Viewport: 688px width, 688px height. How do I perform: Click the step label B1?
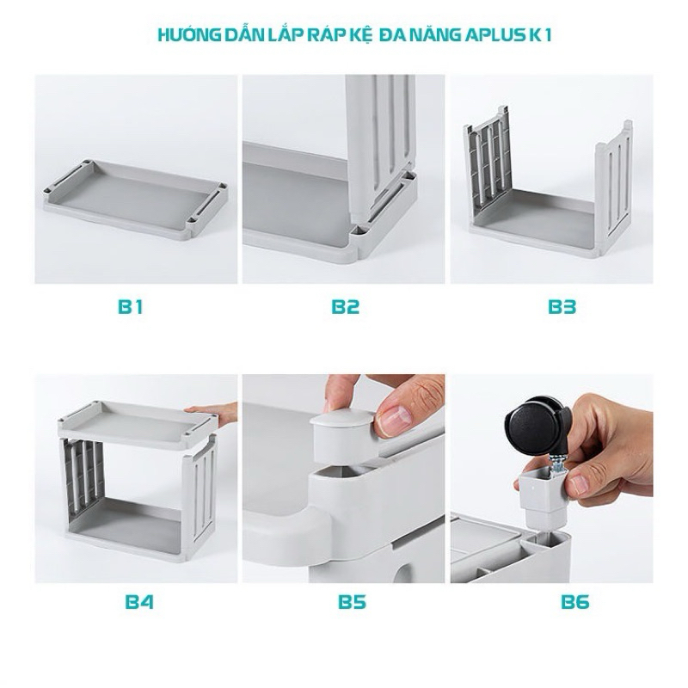131,307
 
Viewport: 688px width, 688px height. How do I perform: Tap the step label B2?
346,307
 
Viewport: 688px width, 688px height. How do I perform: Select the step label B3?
562,307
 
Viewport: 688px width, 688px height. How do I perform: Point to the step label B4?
139,601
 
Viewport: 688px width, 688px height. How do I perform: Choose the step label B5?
353,601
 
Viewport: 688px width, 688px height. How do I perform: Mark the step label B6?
575,601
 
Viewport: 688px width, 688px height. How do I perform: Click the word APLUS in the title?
493,35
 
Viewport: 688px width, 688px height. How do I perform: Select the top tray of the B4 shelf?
138,421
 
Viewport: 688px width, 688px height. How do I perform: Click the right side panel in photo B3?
613,188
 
